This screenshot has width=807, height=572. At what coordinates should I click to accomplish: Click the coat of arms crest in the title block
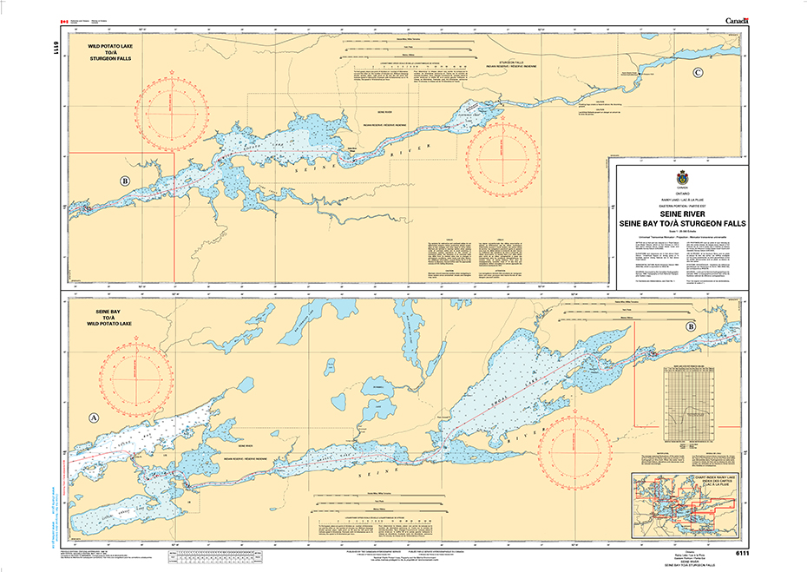[x=681, y=178]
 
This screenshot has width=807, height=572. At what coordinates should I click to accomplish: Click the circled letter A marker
[x=93, y=417]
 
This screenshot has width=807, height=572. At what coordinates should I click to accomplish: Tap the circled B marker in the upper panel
[x=126, y=181]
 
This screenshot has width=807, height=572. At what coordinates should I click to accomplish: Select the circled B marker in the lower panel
[x=690, y=326]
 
